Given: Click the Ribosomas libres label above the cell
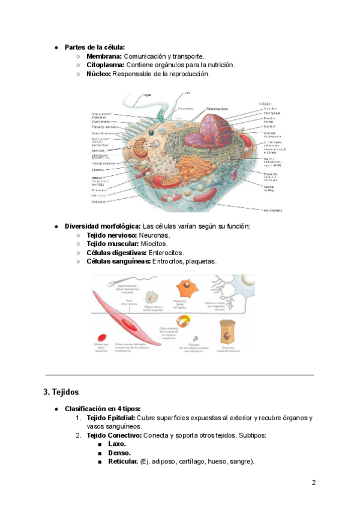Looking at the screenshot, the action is pos(217,108).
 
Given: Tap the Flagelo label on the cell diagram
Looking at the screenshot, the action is pos(147,95).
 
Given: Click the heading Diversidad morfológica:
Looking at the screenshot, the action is pos(103,226).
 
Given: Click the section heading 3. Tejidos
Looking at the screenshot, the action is pos(61,392).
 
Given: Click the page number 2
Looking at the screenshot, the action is pos(314,482).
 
